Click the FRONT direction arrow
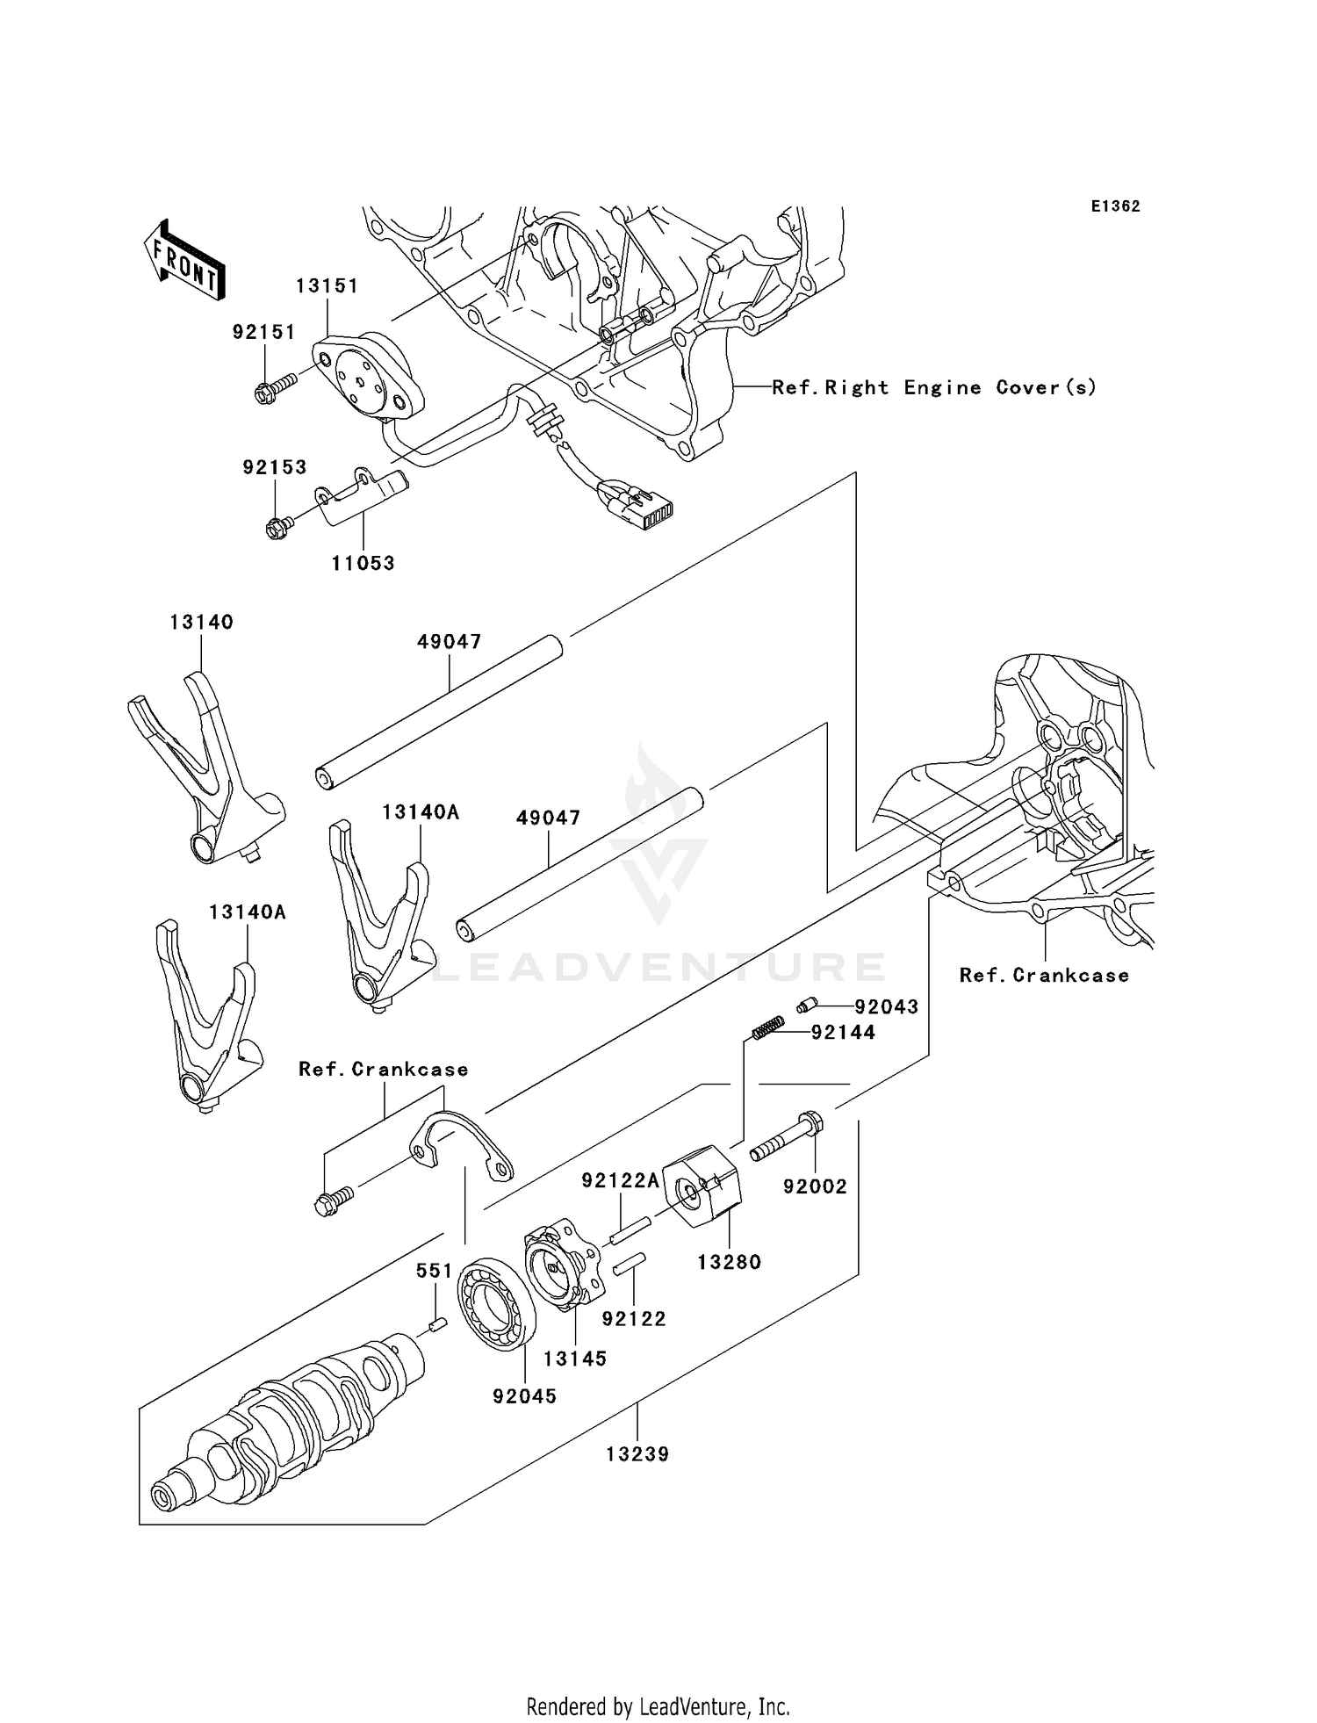184,261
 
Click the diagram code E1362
1115,206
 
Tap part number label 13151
327,286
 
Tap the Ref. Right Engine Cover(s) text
934,387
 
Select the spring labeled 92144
769,1026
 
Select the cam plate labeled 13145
564,1265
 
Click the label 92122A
620,1181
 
